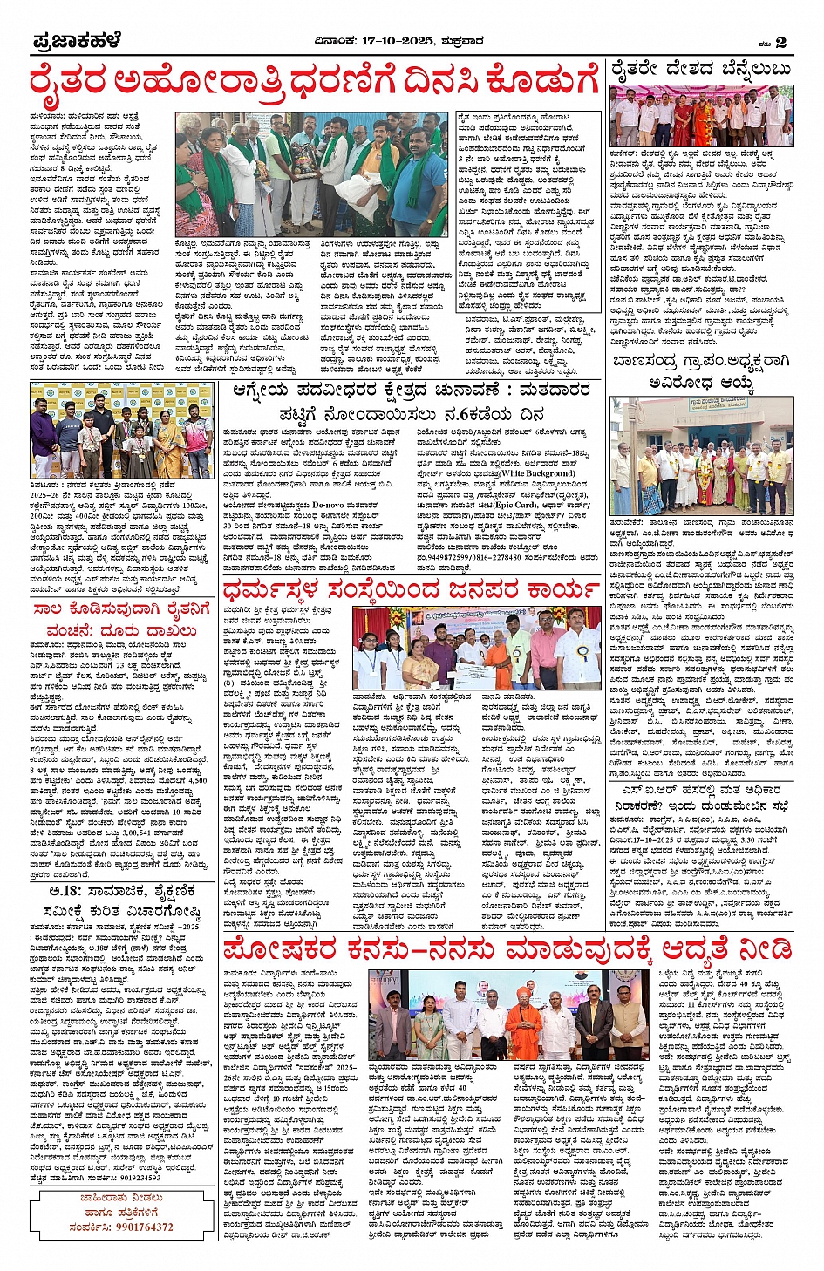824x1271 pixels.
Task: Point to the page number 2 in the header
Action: pos(780,42)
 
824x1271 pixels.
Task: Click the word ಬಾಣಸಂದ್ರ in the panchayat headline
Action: pos(650,362)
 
